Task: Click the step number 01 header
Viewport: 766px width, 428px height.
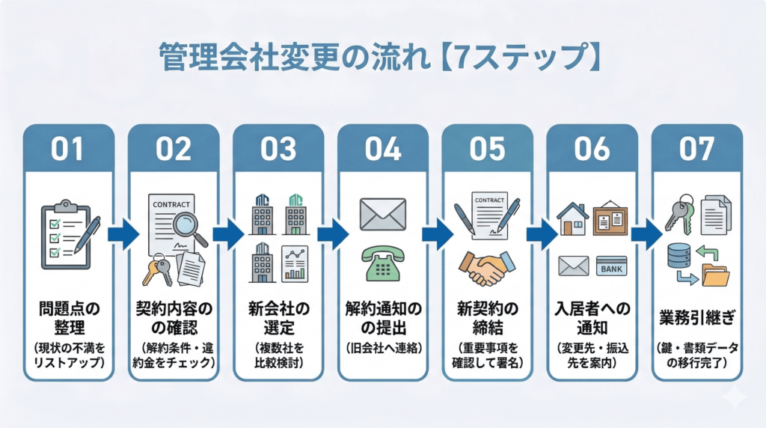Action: pos(68,149)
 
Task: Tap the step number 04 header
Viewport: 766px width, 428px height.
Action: pos(382,149)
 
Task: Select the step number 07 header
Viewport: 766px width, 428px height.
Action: pos(696,149)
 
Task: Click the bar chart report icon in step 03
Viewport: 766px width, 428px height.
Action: pos(295,264)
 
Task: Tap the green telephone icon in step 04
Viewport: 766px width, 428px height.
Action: pos(382,262)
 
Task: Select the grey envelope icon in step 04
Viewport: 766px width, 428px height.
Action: pos(382,214)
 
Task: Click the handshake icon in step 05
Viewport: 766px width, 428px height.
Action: pos(487,266)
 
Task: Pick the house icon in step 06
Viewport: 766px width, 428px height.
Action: pos(572,219)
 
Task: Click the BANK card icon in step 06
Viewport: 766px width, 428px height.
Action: pos(611,266)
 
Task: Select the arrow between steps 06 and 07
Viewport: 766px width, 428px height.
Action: pos(644,235)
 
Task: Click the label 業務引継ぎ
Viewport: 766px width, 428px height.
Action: pos(696,316)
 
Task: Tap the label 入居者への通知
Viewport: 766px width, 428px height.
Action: pos(592,317)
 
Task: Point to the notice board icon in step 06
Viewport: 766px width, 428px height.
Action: pos(610,218)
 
